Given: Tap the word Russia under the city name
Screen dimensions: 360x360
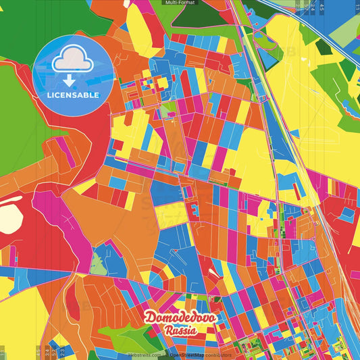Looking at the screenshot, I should pyautogui.click(x=180, y=330).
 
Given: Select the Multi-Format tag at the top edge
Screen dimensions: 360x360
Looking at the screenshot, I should pyautogui.click(x=179, y=3).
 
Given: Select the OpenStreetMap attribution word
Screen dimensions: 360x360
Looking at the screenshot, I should pyautogui.click(x=187, y=354).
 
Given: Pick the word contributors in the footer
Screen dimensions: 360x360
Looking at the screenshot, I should pyautogui.click(x=219, y=354).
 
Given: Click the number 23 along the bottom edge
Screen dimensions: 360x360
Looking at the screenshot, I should pyautogui.click(x=62, y=351).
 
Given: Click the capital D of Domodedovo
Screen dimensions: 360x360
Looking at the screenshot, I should pyautogui.click(x=149, y=317).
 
